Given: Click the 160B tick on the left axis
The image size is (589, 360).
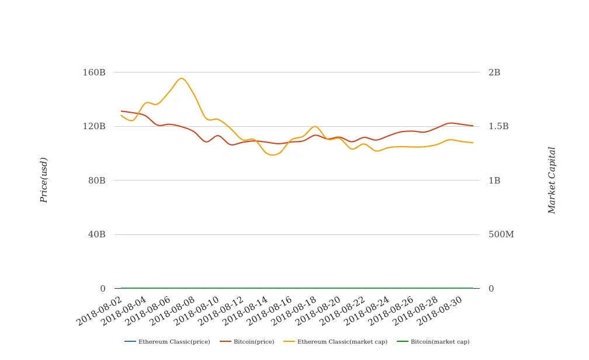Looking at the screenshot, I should (x=94, y=72).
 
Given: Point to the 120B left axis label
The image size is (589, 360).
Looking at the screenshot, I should (x=94, y=126).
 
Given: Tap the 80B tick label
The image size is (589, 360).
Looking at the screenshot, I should (x=97, y=181).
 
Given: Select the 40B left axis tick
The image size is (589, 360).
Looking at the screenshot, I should (x=97, y=234).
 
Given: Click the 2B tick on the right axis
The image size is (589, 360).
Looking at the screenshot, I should (x=494, y=72).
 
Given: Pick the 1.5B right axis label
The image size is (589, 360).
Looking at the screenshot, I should (x=498, y=126).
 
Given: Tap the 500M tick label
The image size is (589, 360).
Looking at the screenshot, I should (x=501, y=234).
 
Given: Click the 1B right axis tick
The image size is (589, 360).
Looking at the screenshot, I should (x=494, y=181).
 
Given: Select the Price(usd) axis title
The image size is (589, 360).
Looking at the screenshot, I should (x=44, y=180).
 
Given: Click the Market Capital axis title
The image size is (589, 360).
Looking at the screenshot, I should (x=552, y=180).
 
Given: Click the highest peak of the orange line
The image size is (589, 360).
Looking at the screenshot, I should (x=181, y=78).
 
